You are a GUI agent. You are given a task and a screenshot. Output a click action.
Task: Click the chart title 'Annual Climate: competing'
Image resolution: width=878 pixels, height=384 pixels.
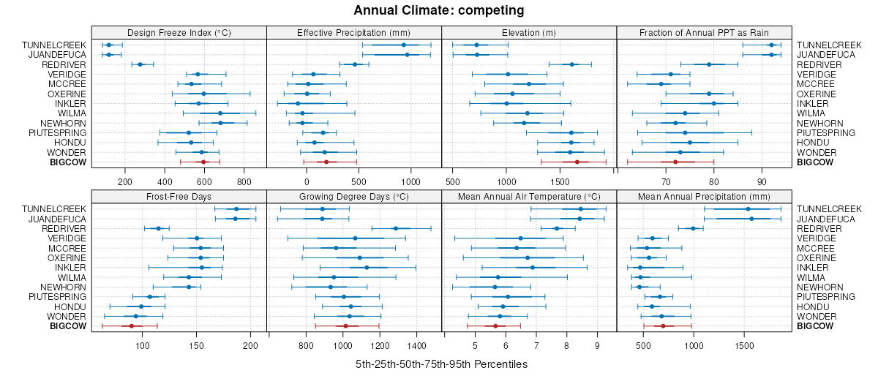coord(438,10)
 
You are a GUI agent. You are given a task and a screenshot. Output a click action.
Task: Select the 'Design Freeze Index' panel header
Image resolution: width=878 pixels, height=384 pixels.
coord(179,32)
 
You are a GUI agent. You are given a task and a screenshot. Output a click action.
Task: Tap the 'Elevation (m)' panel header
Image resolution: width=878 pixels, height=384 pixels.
coord(529,32)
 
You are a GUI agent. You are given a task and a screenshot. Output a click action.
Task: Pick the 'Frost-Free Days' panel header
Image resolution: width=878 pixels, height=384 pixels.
coord(179,196)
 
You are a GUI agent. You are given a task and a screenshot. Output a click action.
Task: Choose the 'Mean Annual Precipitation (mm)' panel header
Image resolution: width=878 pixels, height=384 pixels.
coord(704,196)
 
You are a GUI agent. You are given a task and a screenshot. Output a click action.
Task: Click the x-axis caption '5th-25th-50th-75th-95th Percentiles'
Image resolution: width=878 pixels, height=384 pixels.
coord(441,364)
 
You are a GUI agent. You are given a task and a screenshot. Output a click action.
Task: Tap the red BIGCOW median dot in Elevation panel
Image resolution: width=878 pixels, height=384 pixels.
coord(577,162)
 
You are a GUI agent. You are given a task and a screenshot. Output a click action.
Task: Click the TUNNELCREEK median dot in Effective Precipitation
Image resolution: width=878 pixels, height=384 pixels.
coord(404,45)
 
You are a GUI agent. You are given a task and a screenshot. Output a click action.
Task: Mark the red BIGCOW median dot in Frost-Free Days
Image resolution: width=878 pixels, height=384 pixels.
coord(132,325)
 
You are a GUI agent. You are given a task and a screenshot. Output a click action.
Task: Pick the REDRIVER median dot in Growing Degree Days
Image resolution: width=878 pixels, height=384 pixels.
coord(396,228)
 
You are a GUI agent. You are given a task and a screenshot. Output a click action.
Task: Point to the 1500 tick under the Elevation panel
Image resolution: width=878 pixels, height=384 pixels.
coord(560,181)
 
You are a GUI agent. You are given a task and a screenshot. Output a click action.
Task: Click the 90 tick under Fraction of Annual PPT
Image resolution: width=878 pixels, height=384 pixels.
coord(762,181)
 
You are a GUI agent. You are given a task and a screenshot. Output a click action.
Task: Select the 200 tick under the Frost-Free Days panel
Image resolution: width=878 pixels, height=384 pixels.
coord(250,345)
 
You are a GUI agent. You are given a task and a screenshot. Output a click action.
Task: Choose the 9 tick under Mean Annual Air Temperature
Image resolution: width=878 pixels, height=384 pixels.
coord(597,345)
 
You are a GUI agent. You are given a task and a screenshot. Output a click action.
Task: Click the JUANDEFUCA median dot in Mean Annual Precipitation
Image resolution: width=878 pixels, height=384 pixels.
coord(751,219)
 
